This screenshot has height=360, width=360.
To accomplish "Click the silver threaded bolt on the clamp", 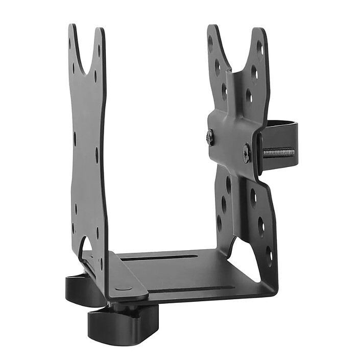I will pyautogui.click(x=278, y=152).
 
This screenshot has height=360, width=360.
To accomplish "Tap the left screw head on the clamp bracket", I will pyautogui.click(x=210, y=136).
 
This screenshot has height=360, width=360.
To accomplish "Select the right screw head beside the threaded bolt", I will pyautogui.click(x=246, y=153).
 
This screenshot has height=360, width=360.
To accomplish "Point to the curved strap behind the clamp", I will pyautogui.click(x=279, y=126).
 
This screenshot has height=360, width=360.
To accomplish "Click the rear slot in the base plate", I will pyautogui.click(x=158, y=258).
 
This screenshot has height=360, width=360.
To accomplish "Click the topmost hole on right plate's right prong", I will pyautogui.click(x=259, y=49).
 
